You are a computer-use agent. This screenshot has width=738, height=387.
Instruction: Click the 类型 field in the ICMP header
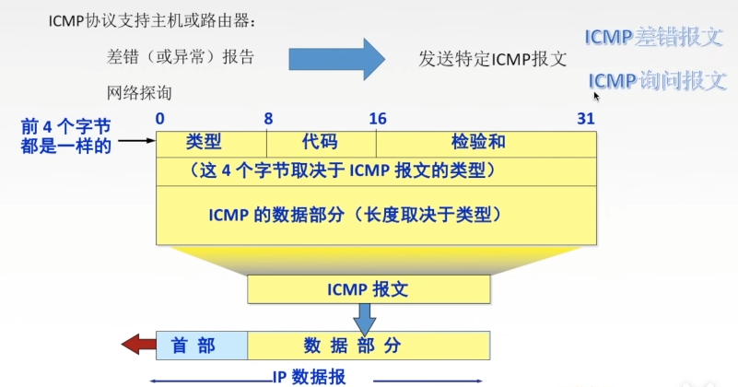pos(211,143)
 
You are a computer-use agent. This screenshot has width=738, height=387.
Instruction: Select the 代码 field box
pos(321,143)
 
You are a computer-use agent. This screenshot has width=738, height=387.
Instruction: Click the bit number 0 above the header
pos(160,119)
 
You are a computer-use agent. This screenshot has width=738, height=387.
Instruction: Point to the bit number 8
pos(268,119)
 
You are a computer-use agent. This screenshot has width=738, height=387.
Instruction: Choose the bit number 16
pos(378,119)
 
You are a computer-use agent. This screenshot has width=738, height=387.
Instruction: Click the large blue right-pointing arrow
pos(337,59)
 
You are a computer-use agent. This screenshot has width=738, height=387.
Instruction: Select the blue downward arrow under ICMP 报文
pos(366,319)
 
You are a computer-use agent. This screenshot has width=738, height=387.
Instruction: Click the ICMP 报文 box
pos(368,288)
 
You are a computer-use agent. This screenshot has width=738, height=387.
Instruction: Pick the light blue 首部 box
pos(202,346)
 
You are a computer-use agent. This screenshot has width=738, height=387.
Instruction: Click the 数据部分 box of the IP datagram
pos(366,346)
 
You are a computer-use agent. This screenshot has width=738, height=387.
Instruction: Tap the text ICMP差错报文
pos(655,37)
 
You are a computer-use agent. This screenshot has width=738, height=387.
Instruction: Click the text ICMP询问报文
pos(658,80)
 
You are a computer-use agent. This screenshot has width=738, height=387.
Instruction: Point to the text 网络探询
pos(139,92)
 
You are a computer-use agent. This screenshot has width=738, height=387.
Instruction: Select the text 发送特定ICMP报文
pos(492,57)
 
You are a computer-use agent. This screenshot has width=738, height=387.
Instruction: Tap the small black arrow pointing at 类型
pos(135,141)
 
